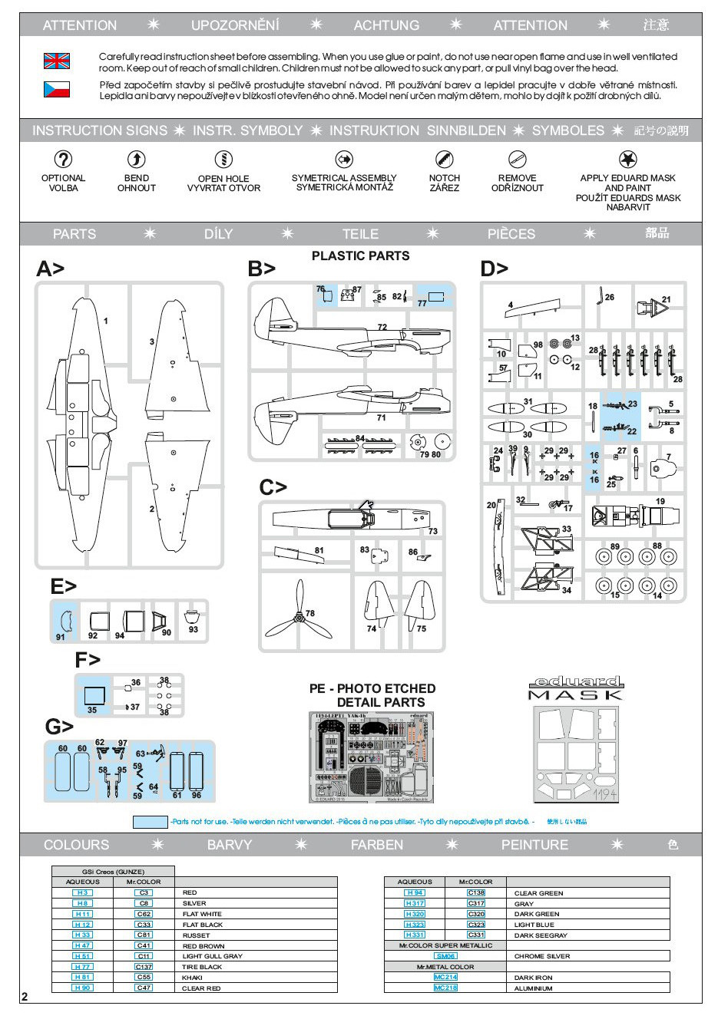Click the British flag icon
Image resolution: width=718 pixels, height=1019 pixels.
56,61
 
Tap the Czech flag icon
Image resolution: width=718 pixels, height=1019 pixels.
56,90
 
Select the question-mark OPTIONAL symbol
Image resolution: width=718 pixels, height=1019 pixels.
63,160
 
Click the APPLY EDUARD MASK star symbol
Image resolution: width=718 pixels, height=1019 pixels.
627,160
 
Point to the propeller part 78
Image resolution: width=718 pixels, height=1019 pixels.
298,613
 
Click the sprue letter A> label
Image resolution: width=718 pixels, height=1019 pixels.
50,269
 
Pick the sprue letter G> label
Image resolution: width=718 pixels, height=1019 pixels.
59,726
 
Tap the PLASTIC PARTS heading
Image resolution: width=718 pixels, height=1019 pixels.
360,256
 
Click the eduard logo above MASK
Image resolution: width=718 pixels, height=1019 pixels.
576,682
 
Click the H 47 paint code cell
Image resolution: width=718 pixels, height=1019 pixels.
82,946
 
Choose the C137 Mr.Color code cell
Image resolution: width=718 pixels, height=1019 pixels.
144,967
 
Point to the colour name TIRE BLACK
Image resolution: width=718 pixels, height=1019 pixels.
202,967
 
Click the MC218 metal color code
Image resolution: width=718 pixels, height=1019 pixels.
445,988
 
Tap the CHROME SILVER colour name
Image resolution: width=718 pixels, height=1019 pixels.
541,956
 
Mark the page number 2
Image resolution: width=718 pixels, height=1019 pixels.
25,997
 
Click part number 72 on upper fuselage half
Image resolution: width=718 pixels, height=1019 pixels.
382,328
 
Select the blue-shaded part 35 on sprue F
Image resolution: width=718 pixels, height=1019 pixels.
94,697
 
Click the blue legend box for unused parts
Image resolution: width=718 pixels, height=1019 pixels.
150,822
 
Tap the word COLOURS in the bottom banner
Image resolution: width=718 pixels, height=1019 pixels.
76,845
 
